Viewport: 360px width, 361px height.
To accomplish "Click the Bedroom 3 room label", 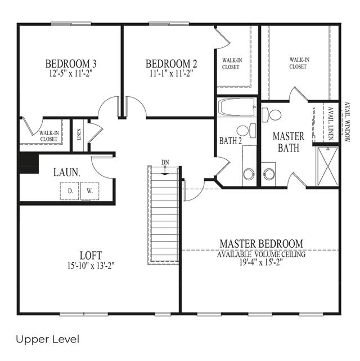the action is point(71,64).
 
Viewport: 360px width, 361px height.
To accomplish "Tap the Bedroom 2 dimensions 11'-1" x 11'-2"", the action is point(171,74).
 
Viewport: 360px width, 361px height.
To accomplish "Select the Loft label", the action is point(91,256).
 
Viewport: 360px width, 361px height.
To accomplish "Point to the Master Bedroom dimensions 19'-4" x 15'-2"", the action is point(261,262).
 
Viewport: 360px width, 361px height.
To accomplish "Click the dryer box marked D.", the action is point(70,191).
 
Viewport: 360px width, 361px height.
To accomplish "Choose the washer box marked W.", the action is point(89,191).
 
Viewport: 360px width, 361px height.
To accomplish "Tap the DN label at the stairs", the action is point(165,163).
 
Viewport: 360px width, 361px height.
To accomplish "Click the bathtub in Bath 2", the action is point(237,107).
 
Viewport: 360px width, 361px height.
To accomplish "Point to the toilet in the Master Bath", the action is point(272,115).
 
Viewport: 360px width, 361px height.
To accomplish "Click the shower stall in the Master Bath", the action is point(327,166).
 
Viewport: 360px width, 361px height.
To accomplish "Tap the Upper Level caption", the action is point(48,340).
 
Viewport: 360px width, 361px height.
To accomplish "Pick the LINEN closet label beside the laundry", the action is point(79,135).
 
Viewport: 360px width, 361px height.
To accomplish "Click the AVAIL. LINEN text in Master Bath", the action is point(331,123).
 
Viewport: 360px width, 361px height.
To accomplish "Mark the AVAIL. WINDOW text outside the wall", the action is point(347,122).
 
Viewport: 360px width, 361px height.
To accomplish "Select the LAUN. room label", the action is point(67,172).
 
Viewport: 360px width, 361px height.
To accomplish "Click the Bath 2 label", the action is point(231,141).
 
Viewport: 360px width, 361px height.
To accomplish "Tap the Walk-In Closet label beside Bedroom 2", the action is point(232,64).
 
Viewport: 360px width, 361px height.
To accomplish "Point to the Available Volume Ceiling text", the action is point(262,255).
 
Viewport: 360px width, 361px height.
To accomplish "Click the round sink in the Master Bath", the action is point(269,174).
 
